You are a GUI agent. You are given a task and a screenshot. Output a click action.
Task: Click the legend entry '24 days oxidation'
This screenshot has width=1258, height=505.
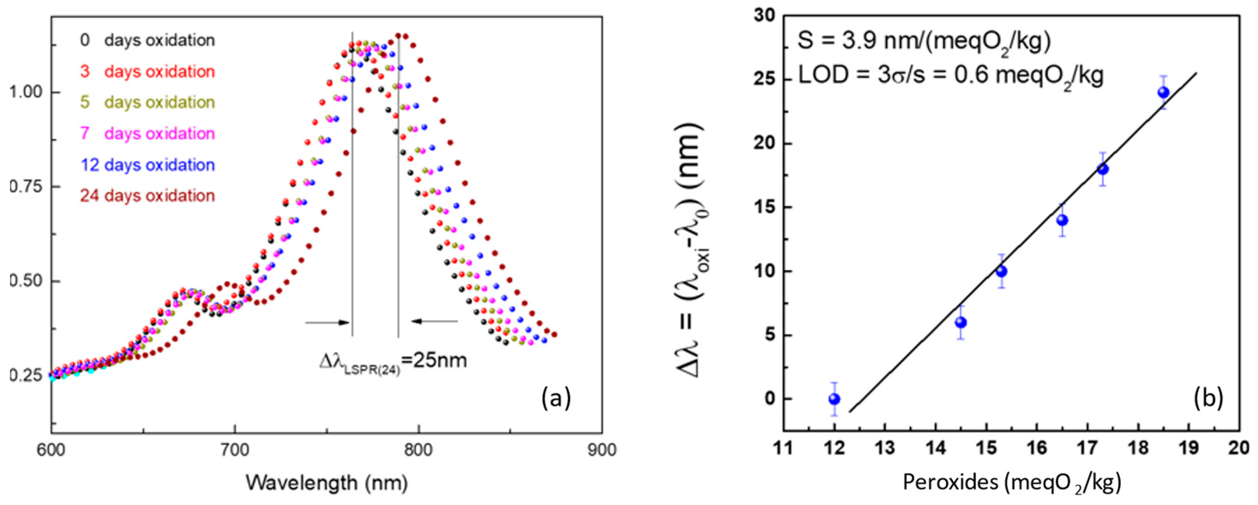(x=147, y=196)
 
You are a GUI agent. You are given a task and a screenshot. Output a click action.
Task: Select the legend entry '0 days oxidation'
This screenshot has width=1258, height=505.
(x=147, y=40)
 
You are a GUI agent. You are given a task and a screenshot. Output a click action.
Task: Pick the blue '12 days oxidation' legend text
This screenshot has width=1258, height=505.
(x=147, y=165)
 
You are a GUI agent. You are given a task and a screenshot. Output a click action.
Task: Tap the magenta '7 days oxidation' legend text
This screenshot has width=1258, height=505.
(x=147, y=133)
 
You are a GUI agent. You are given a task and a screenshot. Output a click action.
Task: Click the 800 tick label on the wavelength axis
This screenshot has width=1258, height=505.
(x=418, y=450)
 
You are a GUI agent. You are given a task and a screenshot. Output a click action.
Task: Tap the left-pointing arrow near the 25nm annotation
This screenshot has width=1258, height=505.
(x=434, y=321)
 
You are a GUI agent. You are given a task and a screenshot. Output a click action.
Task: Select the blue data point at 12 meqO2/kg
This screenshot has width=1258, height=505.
(x=834, y=399)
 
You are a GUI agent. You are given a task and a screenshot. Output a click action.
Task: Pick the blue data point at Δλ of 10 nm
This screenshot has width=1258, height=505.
(x=1001, y=271)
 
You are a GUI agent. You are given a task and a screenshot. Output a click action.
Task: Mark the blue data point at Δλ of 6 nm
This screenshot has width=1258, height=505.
(x=961, y=322)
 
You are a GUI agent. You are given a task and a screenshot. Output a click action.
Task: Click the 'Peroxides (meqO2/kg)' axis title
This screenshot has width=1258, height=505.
(x=1011, y=483)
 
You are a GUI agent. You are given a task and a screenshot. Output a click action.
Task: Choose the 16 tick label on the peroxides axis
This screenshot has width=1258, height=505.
(x=1036, y=448)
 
